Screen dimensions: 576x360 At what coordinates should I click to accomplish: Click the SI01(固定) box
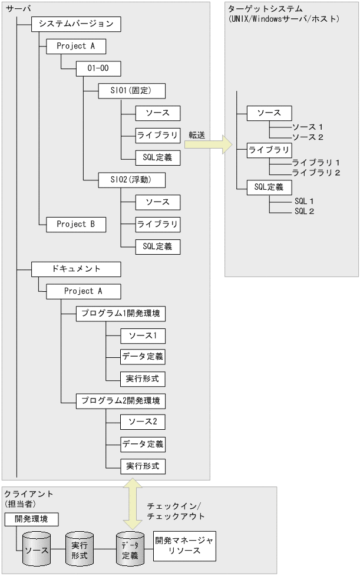tap(124, 91)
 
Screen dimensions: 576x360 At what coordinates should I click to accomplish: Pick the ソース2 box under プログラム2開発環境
tap(142, 422)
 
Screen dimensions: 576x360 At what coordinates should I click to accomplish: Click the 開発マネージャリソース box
tap(184, 545)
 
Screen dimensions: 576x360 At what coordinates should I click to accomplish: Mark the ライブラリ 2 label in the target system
tap(316, 173)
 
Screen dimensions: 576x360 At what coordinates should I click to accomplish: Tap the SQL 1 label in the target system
tap(304, 201)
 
